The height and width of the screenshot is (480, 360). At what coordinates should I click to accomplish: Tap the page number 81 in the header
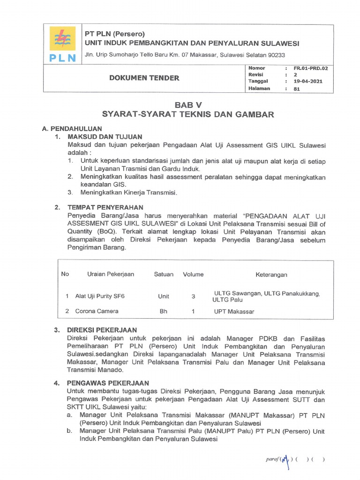[x=296, y=88]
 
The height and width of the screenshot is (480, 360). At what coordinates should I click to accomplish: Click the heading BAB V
[x=188, y=105]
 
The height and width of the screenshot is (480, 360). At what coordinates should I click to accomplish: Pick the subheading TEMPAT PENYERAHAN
[x=105, y=207]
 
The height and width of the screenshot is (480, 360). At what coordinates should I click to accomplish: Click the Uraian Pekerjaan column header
[x=110, y=274]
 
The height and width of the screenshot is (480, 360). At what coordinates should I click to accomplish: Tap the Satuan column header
[x=164, y=274]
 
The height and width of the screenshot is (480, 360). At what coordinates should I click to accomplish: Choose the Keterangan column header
[x=271, y=274]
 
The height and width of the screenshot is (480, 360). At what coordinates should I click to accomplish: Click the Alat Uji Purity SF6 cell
[x=100, y=296]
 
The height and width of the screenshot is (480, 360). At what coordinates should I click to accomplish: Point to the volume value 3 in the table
[x=193, y=296]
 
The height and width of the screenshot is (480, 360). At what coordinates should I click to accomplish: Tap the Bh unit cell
[x=164, y=311]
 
